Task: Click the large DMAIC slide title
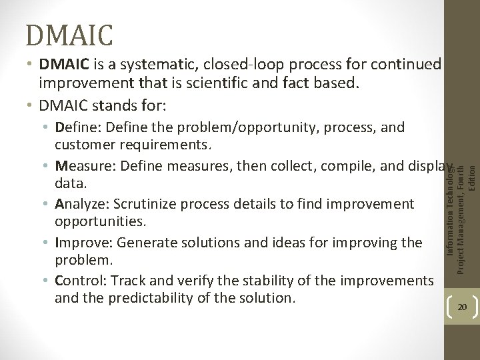click(70, 31)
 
